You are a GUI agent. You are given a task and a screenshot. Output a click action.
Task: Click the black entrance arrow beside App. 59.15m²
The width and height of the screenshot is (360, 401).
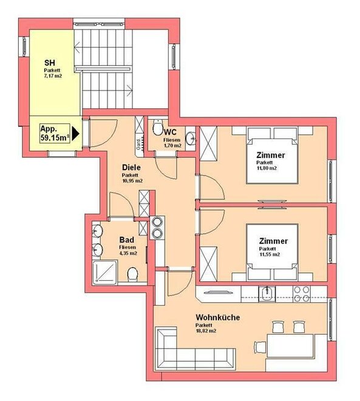75,133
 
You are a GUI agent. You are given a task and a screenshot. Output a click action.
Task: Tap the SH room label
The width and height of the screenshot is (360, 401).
50,63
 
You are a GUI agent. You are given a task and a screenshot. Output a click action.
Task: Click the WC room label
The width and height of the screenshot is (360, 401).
170,132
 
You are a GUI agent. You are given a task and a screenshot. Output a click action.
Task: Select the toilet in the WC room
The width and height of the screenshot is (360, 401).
157,127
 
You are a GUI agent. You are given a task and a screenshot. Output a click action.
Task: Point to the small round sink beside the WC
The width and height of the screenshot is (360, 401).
191,139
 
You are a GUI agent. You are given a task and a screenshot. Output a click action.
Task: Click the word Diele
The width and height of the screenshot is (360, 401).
131,168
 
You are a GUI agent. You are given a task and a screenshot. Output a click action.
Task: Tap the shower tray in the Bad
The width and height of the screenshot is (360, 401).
105,272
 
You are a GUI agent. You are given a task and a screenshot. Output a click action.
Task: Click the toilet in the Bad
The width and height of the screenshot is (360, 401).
132,275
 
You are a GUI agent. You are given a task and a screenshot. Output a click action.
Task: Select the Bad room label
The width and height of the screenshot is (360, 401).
127,240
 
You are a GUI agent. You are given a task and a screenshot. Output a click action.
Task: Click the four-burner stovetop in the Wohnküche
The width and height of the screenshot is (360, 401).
301,294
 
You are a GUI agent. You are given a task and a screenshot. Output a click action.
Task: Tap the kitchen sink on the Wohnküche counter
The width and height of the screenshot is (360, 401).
267,294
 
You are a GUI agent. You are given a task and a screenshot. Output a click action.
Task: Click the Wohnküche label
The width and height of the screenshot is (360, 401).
218,317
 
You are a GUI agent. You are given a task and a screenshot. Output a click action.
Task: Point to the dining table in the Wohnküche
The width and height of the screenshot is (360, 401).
290,346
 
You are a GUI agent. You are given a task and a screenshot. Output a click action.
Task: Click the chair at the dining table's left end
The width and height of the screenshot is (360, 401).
260,347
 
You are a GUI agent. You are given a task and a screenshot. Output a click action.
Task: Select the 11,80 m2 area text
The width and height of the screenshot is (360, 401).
267,168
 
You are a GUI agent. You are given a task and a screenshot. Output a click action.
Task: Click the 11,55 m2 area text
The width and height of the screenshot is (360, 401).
270,255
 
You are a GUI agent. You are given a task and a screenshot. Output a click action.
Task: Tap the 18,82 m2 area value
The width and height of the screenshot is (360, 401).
206,331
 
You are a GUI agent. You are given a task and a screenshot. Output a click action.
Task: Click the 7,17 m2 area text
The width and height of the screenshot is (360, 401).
53,76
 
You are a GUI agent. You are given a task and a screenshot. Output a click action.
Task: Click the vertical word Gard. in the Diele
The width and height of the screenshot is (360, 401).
138,145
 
